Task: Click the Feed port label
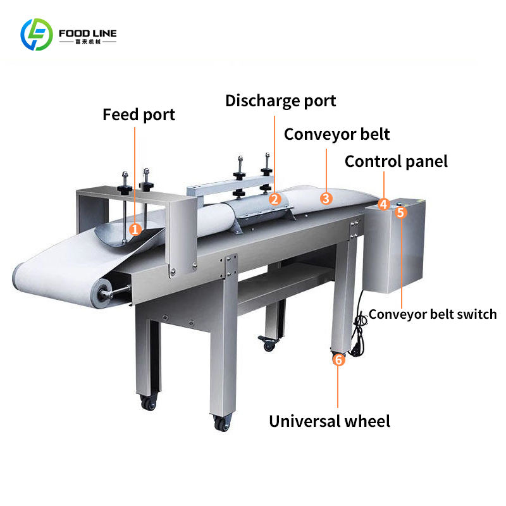[139, 115]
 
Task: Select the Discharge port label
[280, 101]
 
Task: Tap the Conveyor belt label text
[336, 134]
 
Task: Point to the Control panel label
[396, 161]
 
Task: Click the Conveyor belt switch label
[433, 314]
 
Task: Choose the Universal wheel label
[330, 421]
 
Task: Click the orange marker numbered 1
[135, 229]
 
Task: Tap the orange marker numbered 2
[275, 199]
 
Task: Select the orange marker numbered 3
[326, 198]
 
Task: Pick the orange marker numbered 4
[384, 204]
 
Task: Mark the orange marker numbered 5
[400, 213]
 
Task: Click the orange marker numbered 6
[338, 360]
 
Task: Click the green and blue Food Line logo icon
[37, 35]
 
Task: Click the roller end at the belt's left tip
[100, 292]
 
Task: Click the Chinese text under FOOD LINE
[87, 42]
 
